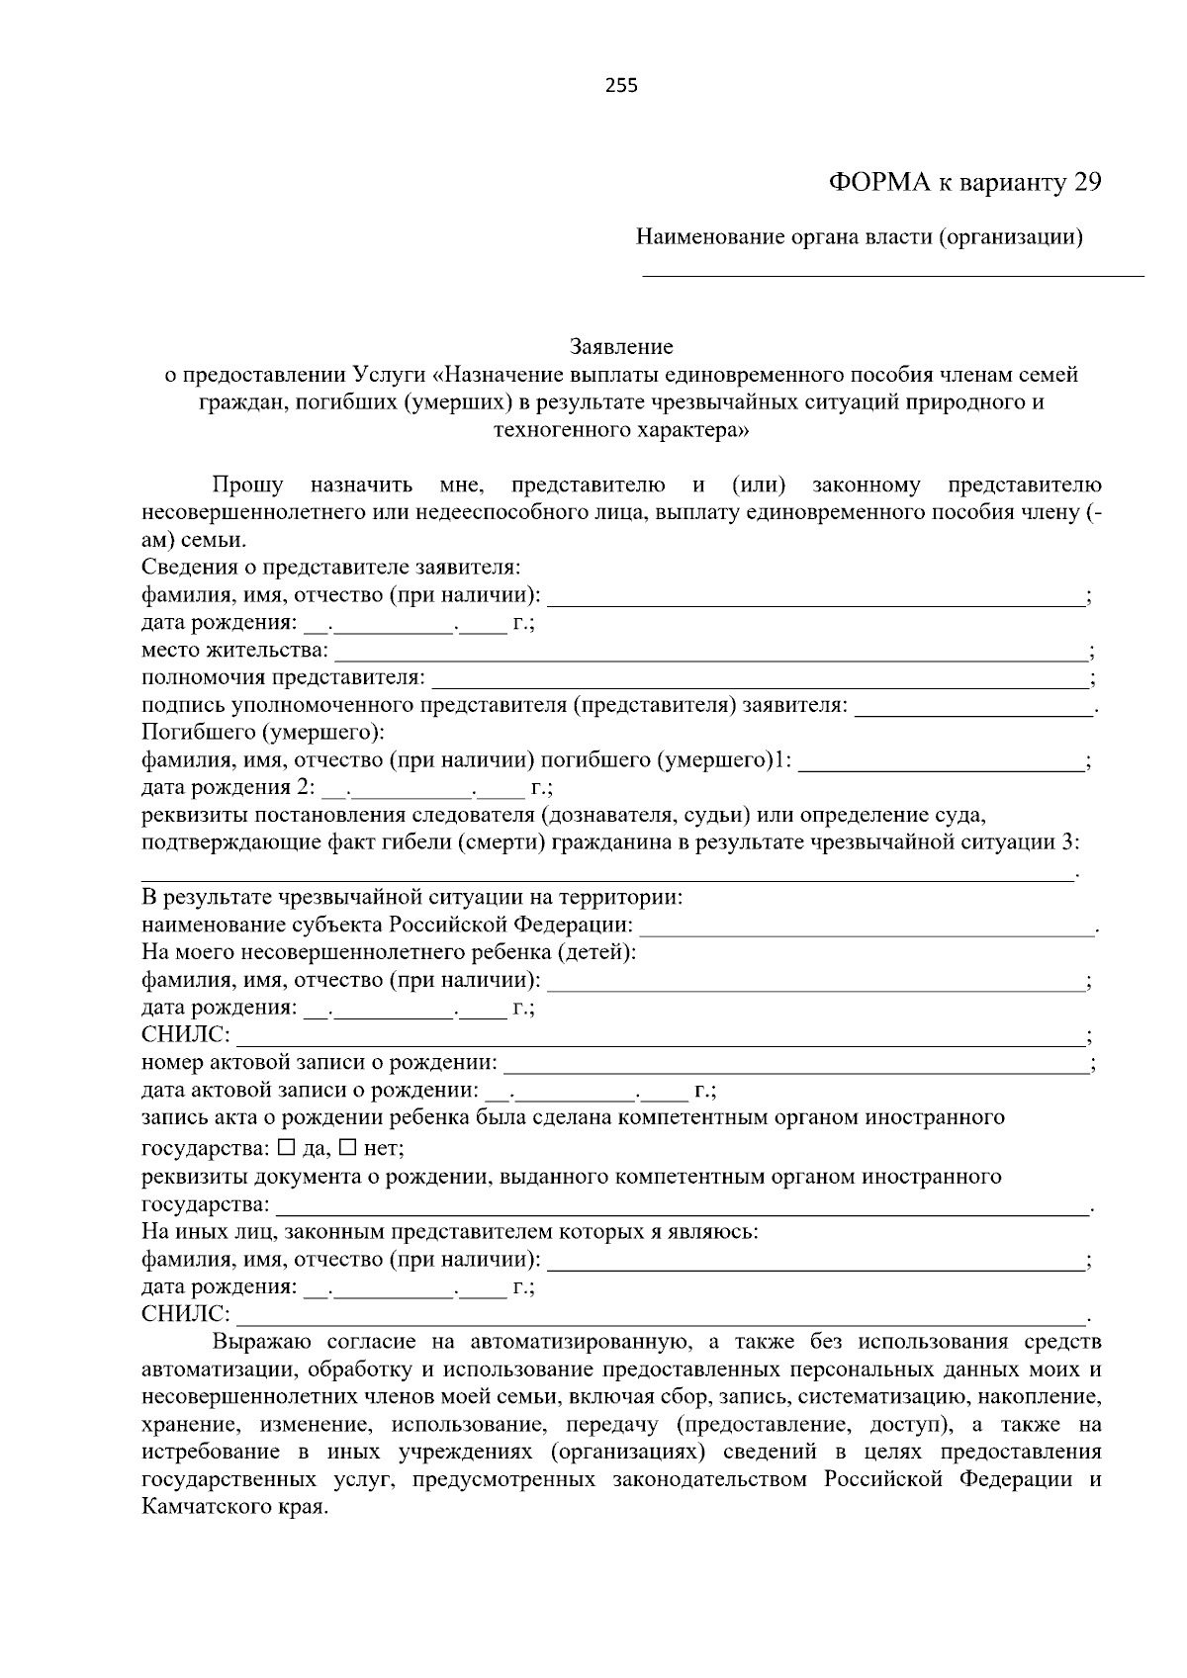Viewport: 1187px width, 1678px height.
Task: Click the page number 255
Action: click(621, 85)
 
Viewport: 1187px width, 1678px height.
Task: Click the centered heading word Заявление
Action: click(621, 347)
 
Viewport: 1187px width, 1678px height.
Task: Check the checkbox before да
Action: click(287, 1149)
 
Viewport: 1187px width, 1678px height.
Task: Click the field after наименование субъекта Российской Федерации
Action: click(867, 927)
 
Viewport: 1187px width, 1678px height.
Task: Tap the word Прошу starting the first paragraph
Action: click(247, 486)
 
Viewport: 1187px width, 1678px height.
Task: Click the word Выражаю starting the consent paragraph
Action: click(262, 1343)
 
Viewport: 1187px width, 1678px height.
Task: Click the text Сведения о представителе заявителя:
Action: click(330, 568)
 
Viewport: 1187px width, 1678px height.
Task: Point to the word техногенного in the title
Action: click(553, 430)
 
